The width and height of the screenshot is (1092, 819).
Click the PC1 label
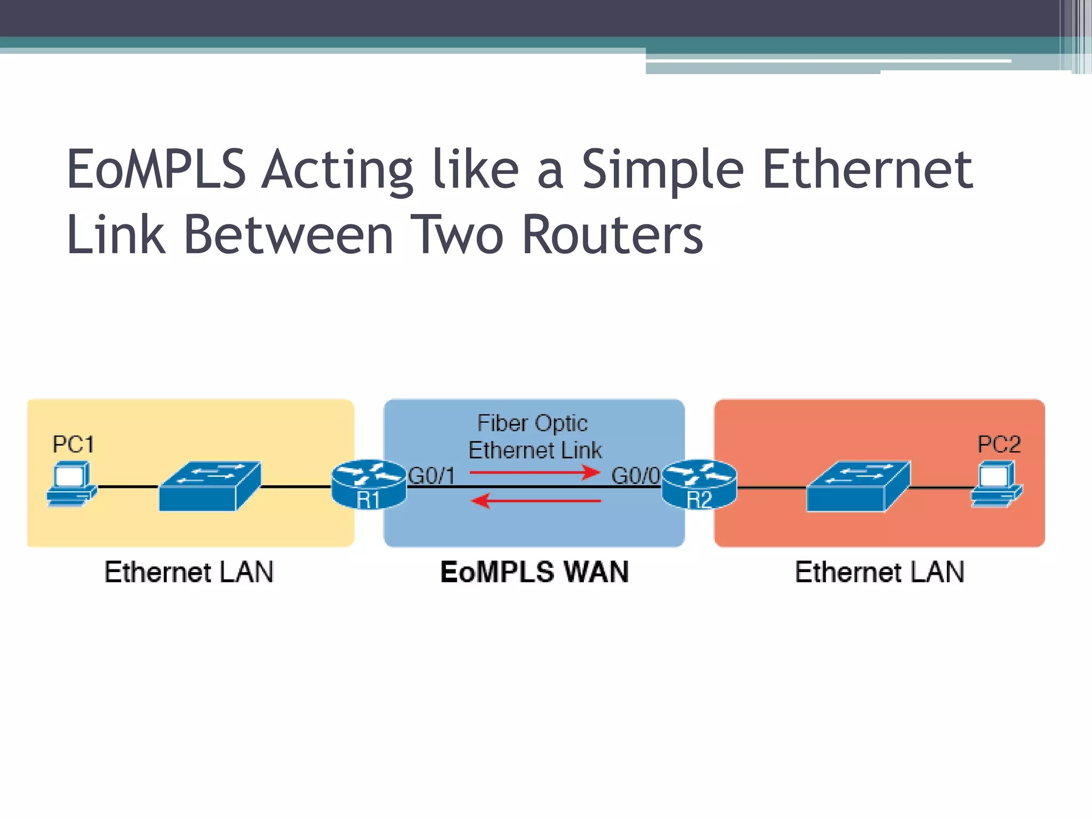[x=73, y=444]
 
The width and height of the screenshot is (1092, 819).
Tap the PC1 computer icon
[x=71, y=484]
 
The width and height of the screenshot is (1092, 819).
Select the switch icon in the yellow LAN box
[x=210, y=486]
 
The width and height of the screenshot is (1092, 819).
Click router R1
[x=368, y=485]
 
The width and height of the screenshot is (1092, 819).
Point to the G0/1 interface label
[x=431, y=476]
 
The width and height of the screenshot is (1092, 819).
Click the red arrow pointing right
[x=535, y=472]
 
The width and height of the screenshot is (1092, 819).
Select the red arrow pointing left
[x=536, y=501]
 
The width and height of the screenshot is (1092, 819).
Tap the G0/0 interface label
[x=635, y=476]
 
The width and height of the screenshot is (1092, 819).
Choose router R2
[x=699, y=485]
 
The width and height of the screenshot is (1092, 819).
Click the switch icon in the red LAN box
[x=858, y=486]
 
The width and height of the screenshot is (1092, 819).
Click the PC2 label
[x=999, y=444]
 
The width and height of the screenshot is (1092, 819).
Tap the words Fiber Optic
[x=532, y=423]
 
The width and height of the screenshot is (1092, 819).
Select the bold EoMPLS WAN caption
[x=534, y=572]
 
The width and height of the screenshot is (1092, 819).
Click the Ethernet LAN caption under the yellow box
[x=189, y=572]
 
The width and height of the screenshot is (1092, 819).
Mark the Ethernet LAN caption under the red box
[x=879, y=572]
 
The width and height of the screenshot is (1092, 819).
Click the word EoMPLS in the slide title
[x=156, y=170]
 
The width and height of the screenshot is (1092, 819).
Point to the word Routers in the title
[x=612, y=235]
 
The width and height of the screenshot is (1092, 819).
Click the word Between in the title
[x=288, y=235]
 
